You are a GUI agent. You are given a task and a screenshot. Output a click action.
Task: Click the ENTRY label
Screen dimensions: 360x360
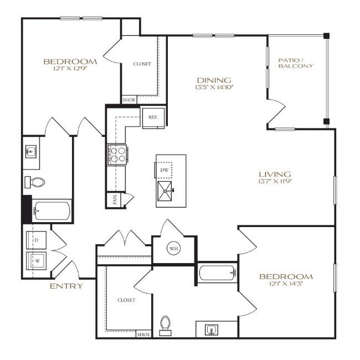click(x=66, y=286)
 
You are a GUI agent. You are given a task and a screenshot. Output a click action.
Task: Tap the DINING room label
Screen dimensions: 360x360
click(x=213, y=80)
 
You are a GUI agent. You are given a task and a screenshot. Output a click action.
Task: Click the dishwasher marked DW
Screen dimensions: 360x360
click(x=164, y=170)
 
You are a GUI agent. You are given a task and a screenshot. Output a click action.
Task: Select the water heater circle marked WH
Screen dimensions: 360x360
click(x=174, y=248)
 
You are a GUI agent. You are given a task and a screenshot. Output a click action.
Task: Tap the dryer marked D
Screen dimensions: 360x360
click(x=37, y=240)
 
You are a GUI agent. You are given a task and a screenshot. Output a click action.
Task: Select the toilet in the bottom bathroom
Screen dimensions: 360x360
click(x=164, y=325)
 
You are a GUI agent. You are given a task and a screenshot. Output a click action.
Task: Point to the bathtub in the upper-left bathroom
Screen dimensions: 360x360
click(x=52, y=211)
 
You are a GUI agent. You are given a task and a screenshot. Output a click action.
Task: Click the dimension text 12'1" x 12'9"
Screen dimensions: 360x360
click(x=70, y=69)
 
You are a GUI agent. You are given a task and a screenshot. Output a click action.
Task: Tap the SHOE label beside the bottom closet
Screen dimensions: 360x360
click(x=143, y=335)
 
